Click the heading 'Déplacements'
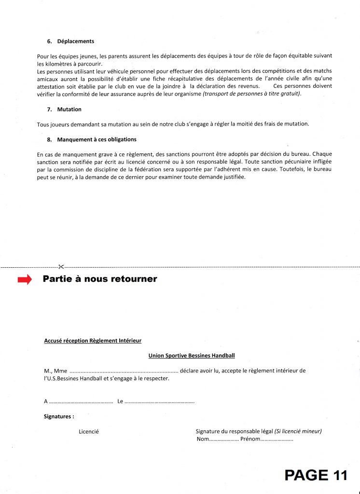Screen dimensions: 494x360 click(75, 41)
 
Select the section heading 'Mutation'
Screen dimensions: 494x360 click(69, 110)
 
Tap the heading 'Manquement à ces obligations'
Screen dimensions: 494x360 click(97, 139)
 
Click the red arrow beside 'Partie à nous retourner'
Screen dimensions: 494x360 click(25, 280)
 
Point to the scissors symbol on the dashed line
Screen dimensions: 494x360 click(61, 266)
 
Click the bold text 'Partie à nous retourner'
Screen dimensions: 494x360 click(100, 279)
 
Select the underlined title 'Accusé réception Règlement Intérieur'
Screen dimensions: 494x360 click(93, 341)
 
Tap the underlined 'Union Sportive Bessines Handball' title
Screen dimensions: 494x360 click(192, 356)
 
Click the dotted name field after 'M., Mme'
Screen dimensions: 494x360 click(124, 371)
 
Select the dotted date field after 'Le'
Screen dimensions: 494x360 click(160, 401)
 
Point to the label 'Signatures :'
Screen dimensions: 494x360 click(59, 416)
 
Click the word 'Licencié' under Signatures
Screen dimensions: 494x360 click(89, 431)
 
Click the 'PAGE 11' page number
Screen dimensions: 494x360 click(316, 475)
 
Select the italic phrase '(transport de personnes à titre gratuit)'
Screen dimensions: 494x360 click(252, 94)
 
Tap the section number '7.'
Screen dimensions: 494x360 click(49, 110)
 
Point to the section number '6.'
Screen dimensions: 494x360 click(49, 41)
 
